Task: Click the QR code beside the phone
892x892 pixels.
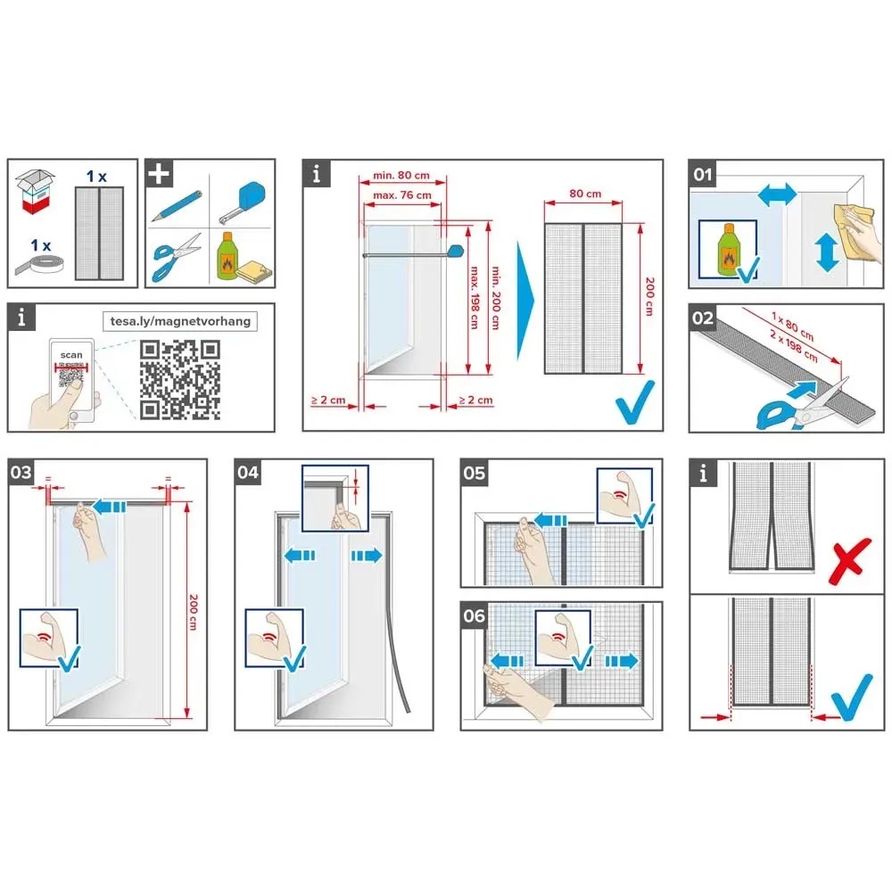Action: pos(180,379)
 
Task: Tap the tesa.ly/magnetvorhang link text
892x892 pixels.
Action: pos(180,321)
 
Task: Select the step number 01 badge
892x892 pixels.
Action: pos(703,174)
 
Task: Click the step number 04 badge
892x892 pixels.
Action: pos(248,472)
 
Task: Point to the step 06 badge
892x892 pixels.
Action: pos(474,616)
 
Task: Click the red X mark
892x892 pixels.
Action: pos(850,561)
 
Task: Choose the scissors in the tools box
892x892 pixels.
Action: pos(176,257)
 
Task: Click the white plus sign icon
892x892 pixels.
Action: pos(159,174)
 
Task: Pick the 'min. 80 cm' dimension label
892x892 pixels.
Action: pos(401,175)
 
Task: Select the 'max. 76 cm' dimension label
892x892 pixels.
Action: pos(402,195)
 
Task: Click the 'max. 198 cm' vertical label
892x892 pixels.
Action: pos(474,298)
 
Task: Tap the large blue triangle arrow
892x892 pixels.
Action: pos(525,301)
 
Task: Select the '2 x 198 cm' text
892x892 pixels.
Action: pos(794,346)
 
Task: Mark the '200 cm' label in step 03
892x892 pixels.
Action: pos(194,612)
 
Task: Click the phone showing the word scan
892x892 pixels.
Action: pos(71,375)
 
